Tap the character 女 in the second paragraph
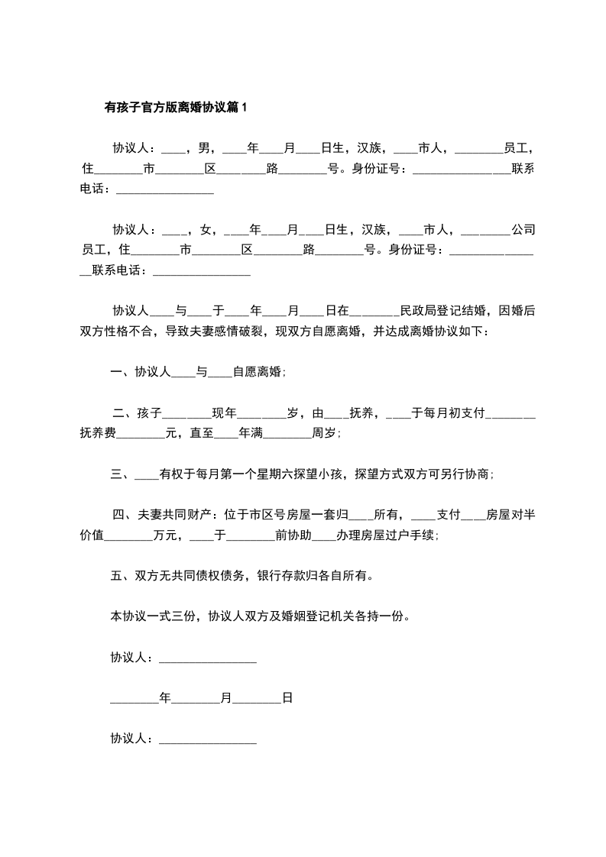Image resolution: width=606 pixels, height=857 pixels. (204, 228)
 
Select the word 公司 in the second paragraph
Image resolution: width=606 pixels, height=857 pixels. (523, 228)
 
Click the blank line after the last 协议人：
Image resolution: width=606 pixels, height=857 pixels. (207, 739)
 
